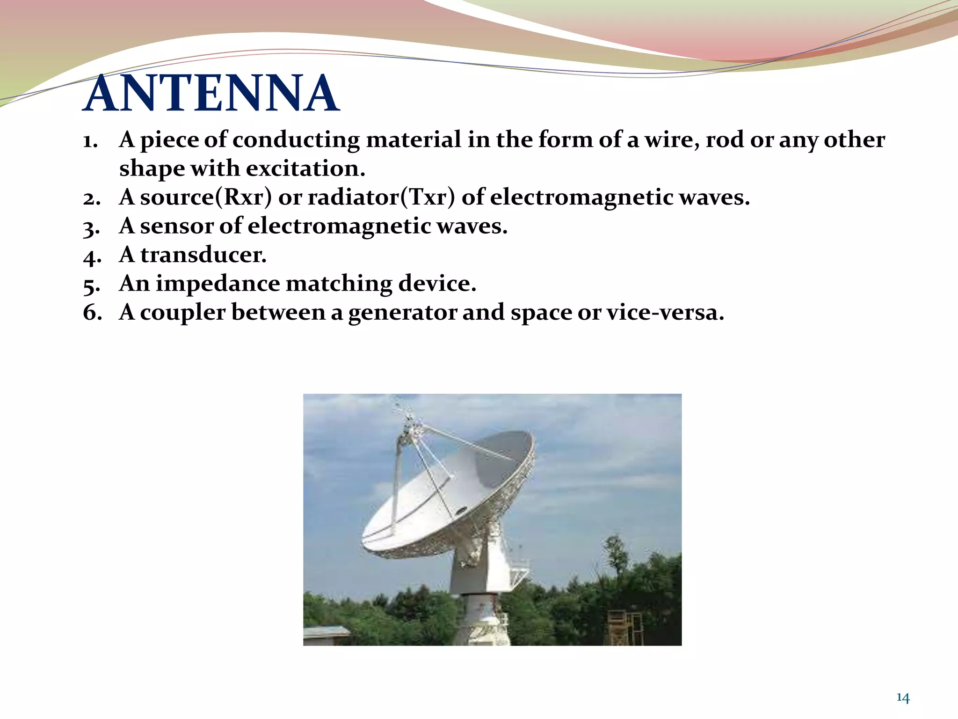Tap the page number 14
coord(902,698)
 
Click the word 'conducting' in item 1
coord(296,140)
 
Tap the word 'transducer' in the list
coord(203,255)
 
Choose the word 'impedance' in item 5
coord(218,284)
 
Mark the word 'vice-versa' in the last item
coord(665,312)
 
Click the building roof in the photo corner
coord(326,632)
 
